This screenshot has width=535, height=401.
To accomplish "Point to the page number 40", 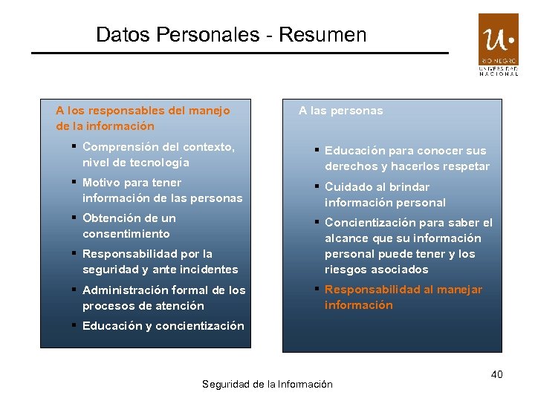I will (x=496, y=374).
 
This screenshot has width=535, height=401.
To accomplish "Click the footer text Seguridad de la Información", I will (x=267, y=384).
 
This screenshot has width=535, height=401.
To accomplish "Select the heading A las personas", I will (x=341, y=111).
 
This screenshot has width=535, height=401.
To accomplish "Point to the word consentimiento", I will (x=126, y=234).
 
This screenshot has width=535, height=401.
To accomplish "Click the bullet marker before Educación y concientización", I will (x=74, y=325).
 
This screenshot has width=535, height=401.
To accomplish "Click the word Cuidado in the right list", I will (x=346, y=187).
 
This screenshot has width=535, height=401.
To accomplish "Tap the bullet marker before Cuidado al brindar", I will (x=317, y=186).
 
